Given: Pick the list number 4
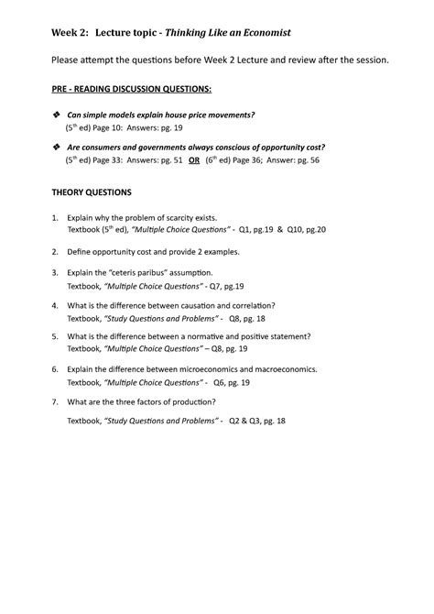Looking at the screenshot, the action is point(54,305).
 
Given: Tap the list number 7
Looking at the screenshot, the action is point(54,402).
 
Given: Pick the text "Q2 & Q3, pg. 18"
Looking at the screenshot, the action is point(257,421).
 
